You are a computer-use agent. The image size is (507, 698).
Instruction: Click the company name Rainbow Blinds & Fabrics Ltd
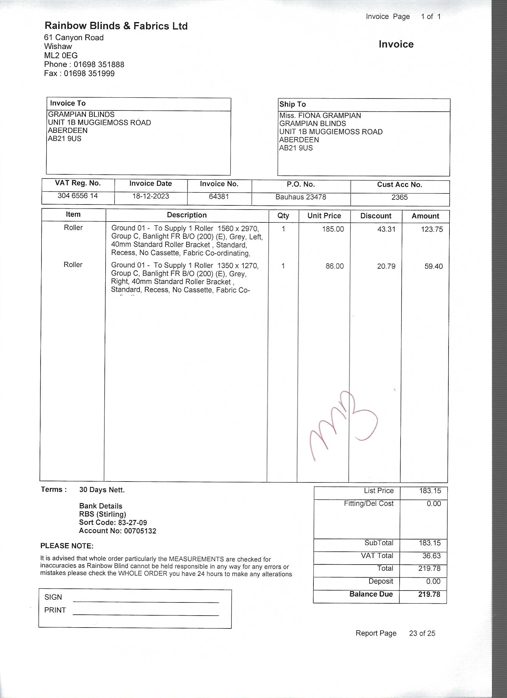[116, 26]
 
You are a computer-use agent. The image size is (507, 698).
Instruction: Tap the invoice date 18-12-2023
[151, 196]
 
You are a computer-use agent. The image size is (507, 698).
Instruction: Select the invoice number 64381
[219, 196]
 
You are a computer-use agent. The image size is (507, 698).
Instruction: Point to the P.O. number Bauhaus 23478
[301, 197]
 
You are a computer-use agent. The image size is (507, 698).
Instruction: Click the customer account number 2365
[399, 197]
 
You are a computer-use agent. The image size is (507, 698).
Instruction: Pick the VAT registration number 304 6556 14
[78, 196]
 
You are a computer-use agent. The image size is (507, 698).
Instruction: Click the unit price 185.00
[333, 229]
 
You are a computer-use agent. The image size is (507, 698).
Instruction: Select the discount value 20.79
[386, 266]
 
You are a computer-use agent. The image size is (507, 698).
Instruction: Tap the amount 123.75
[432, 229]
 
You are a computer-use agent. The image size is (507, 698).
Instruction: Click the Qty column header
[283, 216]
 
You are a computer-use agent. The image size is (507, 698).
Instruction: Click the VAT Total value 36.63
[431, 556]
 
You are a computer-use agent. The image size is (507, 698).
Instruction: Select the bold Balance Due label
[371, 594]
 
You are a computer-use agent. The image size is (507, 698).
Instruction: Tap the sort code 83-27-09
[132, 522]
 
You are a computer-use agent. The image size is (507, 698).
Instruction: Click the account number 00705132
[140, 531]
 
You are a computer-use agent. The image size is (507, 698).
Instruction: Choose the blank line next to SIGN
[146, 600]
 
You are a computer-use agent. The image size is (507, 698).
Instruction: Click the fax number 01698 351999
[89, 73]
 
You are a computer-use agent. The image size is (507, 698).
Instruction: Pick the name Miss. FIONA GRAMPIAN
[320, 116]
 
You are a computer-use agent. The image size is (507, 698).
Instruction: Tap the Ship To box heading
[293, 104]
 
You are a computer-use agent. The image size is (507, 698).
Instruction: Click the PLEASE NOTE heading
[67, 546]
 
